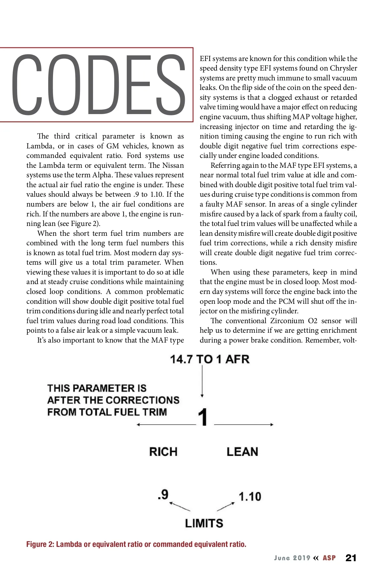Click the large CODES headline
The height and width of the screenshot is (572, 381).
[98, 85]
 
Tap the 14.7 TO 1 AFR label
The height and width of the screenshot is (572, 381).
[210, 359]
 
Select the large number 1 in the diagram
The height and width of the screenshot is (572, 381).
[203, 417]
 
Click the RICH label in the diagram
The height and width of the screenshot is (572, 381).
[163, 452]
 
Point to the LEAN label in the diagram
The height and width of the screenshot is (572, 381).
[242, 452]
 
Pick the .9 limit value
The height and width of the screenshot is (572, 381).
[163, 494]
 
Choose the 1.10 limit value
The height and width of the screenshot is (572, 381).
[250, 496]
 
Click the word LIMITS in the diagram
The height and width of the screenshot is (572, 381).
[204, 523]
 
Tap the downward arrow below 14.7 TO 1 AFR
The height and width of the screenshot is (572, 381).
[202, 381]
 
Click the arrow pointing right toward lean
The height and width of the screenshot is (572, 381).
[244, 425]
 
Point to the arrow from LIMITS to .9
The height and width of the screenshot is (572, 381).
[180, 507]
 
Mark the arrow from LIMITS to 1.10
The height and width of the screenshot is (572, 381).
[226, 507]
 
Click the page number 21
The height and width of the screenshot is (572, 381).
[351, 558]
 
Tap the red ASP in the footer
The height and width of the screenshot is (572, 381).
[329, 558]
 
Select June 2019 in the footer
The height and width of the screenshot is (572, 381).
[292, 558]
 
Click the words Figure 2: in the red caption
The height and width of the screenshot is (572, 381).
[40, 544]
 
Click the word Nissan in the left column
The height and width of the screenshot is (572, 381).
[173, 165]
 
